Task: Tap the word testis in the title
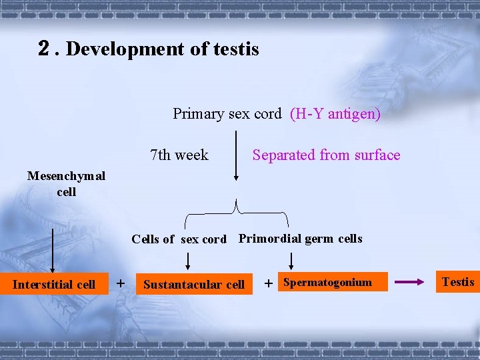(x=235, y=49)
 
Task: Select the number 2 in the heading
(x=45, y=48)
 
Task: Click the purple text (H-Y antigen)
(x=335, y=114)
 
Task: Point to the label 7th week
(x=179, y=155)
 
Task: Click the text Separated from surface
(x=326, y=155)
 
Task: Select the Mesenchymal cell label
(x=66, y=183)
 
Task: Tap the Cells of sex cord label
(x=179, y=239)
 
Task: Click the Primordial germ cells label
(x=300, y=239)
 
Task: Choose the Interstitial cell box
(x=54, y=285)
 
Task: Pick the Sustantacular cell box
(x=194, y=285)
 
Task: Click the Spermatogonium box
(x=328, y=283)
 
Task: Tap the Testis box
(x=458, y=282)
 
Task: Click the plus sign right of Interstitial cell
(x=120, y=283)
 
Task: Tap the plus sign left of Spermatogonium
(x=269, y=284)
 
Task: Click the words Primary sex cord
(x=227, y=114)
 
